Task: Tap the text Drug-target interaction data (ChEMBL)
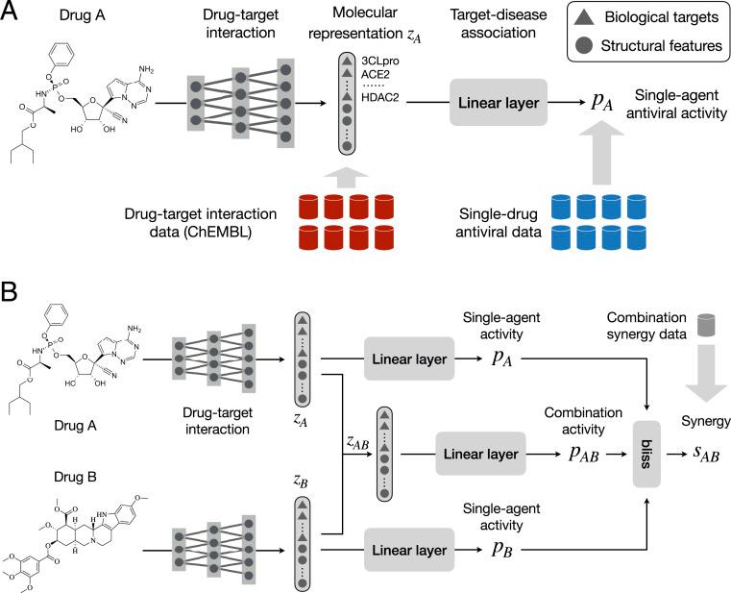point(196,220)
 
